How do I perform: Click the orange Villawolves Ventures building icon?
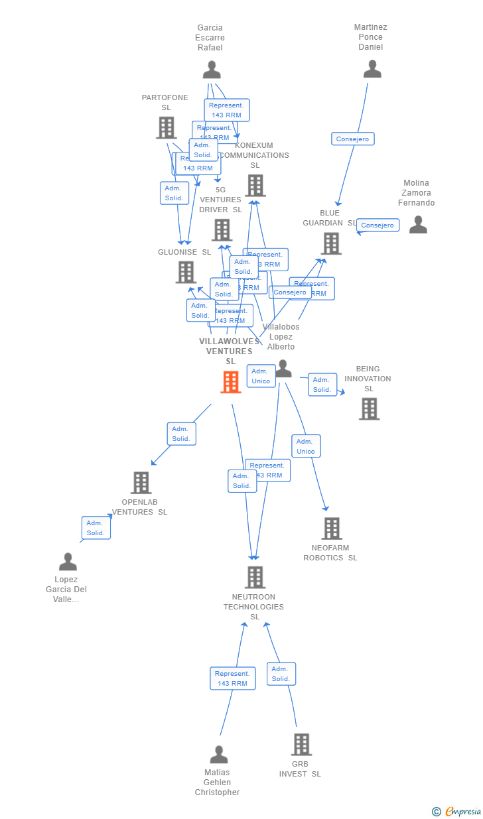click(230, 382)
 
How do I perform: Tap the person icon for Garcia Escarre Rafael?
click(212, 70)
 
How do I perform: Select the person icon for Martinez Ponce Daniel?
click(372, 69)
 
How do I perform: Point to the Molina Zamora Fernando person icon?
click(418, 225)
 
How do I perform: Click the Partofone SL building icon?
click(166, 127)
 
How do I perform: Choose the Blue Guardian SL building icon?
click(331, 243)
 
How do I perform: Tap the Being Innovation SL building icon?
click(370, 409)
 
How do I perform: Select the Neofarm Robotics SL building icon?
click(331, 529)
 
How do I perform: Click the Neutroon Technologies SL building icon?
click(255, 577)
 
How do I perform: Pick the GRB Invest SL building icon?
click(301, 745)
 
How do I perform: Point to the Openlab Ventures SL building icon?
click(141, 483)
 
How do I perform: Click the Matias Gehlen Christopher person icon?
click(219, 755)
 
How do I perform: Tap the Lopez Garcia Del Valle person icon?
click(68, 562)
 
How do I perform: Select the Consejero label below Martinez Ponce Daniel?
click(353, 139)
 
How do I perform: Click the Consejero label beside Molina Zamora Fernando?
click(378, 225)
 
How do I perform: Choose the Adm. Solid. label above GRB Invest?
click(281, 674)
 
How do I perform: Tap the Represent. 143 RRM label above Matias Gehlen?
click(232, 678)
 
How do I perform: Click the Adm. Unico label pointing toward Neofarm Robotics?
click(306, 446)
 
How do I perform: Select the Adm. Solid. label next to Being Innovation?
click(322, 385)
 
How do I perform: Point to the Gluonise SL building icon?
click(186, 272)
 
